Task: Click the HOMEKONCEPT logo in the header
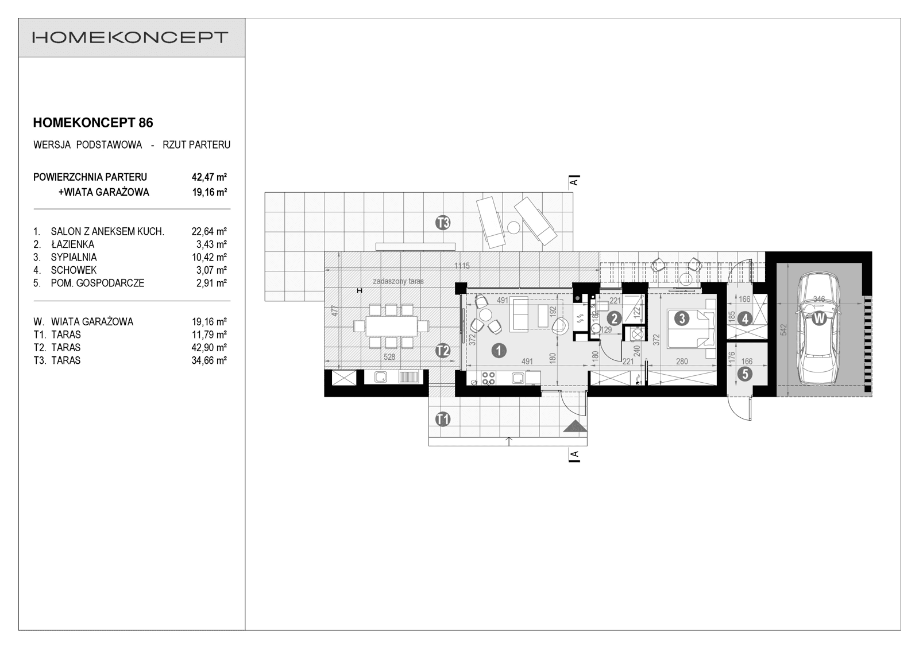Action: [x=131, y=38]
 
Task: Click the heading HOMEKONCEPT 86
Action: [x=93, y=122]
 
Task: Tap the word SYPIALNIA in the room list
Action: [x=74, y=257]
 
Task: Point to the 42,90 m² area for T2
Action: [x=209, y=348]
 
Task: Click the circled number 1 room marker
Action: [x=499, y=350]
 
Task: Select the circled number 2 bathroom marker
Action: [x=614, y=318]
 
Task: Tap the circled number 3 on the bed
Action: [x=682, y=318]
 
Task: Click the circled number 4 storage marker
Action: [x=745, y=318]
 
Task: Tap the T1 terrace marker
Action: [x=442, y=419]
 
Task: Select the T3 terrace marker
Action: [x=442, y=223]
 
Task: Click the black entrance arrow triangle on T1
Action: [x=575, y=426]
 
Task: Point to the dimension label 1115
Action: [x=462, y=266]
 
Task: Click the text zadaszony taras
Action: [x=398, y=281]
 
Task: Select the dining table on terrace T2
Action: [x=391, y=327]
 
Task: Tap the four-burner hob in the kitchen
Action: [x=489, y=378]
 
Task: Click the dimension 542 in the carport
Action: [x=783, y=330]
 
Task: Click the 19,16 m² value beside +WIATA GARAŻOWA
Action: [x=209, y=192]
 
